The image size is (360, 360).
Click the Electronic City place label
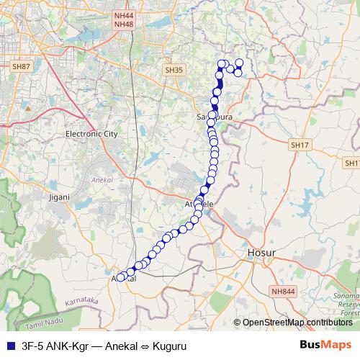(91, 134)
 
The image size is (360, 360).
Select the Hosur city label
(261, 253)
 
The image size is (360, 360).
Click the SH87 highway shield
(22, 66)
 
